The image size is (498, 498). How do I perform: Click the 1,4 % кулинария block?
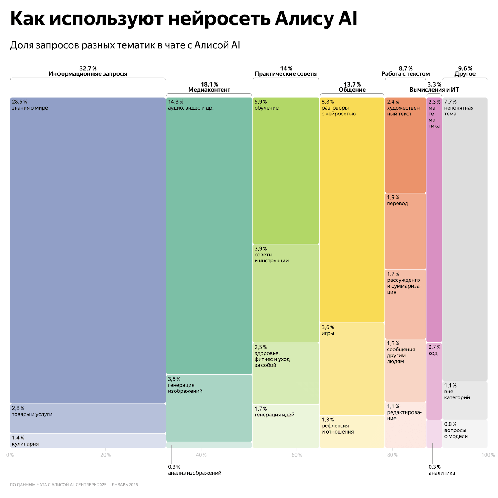87,441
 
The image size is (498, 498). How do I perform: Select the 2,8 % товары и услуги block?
87,418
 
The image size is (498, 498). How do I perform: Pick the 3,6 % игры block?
352,369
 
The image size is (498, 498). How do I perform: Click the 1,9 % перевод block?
405,231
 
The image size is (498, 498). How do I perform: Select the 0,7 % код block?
434,381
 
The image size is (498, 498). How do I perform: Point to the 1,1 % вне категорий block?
465,400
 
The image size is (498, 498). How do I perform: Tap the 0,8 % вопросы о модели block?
465,434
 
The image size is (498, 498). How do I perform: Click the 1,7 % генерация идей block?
286,426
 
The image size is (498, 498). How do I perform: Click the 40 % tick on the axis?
201,455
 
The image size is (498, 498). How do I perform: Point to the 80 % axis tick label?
392,455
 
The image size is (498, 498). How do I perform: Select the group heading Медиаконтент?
209,90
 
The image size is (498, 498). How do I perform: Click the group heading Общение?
352,90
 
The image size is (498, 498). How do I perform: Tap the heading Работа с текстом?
406,74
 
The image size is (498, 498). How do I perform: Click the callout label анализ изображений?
195,473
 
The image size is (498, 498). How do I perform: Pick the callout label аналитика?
441,473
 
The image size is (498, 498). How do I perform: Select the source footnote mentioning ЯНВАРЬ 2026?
74,485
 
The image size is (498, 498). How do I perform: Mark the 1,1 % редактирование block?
405,425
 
